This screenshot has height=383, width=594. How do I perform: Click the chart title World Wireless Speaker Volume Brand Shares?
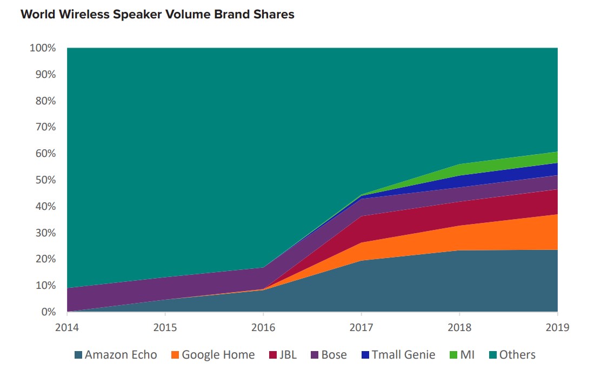pos(157,15)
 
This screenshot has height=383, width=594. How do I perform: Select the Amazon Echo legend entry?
pos(115,355)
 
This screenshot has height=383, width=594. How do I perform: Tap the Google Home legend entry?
pos(212,355)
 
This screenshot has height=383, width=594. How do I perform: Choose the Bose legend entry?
pos(328,355)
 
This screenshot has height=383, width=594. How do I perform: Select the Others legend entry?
pos(511,355)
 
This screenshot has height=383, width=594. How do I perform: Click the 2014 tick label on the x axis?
pos(67,327)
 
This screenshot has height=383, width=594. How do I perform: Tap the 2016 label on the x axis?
pos(263,327)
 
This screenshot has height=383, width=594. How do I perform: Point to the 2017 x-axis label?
pos(361,327)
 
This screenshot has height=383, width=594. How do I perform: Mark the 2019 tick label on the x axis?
pos(557,327)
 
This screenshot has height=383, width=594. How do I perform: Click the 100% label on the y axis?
pos(42,48)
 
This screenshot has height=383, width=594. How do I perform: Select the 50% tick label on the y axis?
pos(44,180)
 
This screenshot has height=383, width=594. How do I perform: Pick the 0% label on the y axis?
pos(49,312)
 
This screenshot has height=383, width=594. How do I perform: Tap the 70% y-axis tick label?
pos(44,127)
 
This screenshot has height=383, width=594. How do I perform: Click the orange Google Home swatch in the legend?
pos(175,355)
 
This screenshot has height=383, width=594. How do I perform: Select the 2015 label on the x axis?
pos(165,327)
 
